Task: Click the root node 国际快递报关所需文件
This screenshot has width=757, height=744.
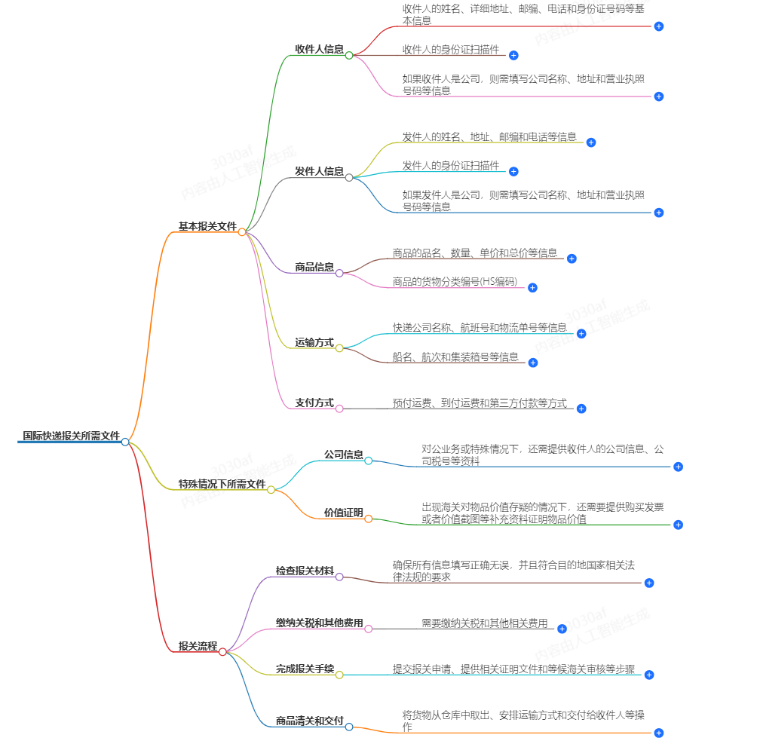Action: (x=71, y=435)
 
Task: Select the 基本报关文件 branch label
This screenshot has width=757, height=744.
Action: (x=207, y=225)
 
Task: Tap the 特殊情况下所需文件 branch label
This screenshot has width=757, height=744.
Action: (x=222, y=483)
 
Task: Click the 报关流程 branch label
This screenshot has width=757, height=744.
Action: (x=198, y=646)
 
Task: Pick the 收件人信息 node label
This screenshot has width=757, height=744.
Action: (x=320, y=49)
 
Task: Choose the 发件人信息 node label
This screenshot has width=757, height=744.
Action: (x=320, y=171)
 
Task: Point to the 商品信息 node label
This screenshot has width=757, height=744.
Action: (x=314, y=267)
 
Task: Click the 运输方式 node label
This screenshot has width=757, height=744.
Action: (x=314, y=342)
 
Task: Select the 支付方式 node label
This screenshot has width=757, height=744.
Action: (x=314, y=403)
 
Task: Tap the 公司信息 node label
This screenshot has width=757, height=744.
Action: (x=344, y=455)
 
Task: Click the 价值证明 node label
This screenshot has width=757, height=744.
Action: (x=344, y=513)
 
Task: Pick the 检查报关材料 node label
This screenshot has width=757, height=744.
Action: (x=305, y=571)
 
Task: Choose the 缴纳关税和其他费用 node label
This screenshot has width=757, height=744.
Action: (x=320, y=623)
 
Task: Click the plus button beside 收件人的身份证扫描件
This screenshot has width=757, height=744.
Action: (x=513, y=55)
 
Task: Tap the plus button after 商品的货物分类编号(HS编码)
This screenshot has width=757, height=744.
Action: (x=532, y=287)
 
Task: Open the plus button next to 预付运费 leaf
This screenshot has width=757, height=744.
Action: (x=581, y=409)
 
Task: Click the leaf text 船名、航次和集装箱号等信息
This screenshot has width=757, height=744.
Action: (x=455, y=357)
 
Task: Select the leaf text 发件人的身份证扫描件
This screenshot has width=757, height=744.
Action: (x=451, y=165)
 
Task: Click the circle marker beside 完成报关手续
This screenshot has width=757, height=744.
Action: (x=339, y=675)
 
